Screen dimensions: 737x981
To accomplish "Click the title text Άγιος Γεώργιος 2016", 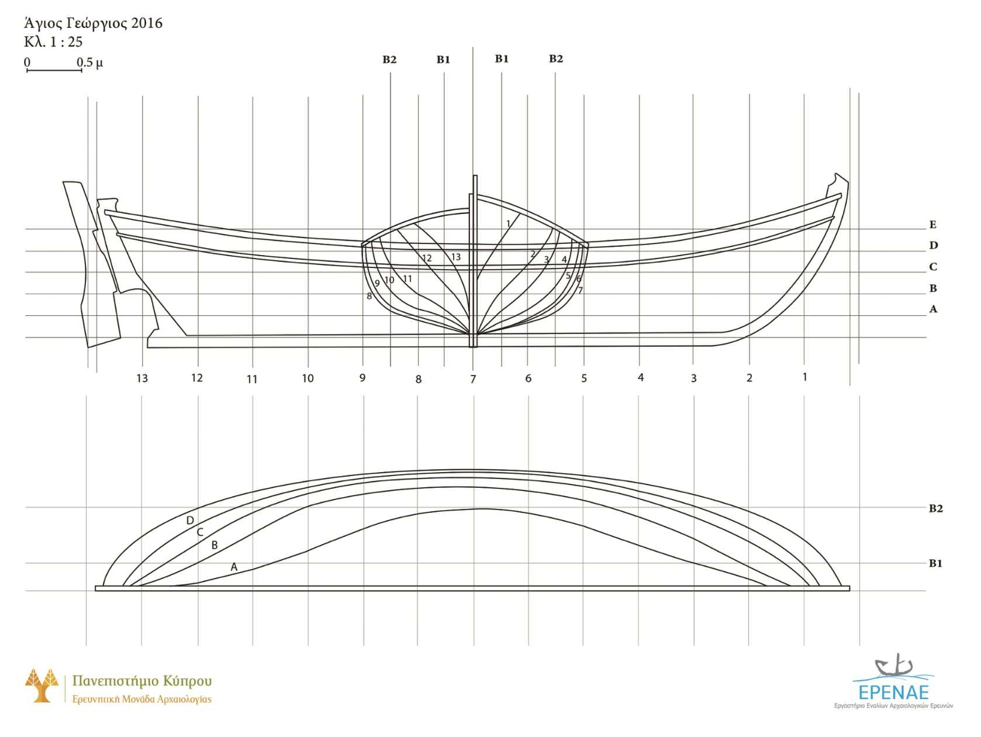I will (93, 23).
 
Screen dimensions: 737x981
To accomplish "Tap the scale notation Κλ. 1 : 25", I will (53, 42).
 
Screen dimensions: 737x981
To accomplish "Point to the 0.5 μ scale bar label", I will (89, 62).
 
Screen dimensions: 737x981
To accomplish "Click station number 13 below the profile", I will (142, 378).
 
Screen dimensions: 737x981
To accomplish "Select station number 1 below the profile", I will (804, 377).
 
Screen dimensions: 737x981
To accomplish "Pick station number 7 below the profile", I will (473, 380).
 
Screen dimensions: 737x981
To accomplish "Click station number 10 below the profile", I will (308, 378).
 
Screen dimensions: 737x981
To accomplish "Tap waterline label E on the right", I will (932, 225).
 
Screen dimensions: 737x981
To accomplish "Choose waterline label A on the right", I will (933, 309).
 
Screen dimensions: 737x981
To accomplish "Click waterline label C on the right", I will (933, 267).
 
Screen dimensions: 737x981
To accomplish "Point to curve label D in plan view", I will (190, 521).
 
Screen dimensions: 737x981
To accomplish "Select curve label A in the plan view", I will (234, 567).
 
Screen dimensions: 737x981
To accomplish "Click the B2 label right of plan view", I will (935, 508).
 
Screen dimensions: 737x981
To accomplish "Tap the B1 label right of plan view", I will (935, 563).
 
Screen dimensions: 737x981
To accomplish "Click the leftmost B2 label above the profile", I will (389, 60).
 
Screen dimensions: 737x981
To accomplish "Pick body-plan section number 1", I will (508, 223).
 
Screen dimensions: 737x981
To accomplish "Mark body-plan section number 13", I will (455, 257).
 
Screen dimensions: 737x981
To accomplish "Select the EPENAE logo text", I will (893, 693).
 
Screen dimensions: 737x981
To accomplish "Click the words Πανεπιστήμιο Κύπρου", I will (141, 681).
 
